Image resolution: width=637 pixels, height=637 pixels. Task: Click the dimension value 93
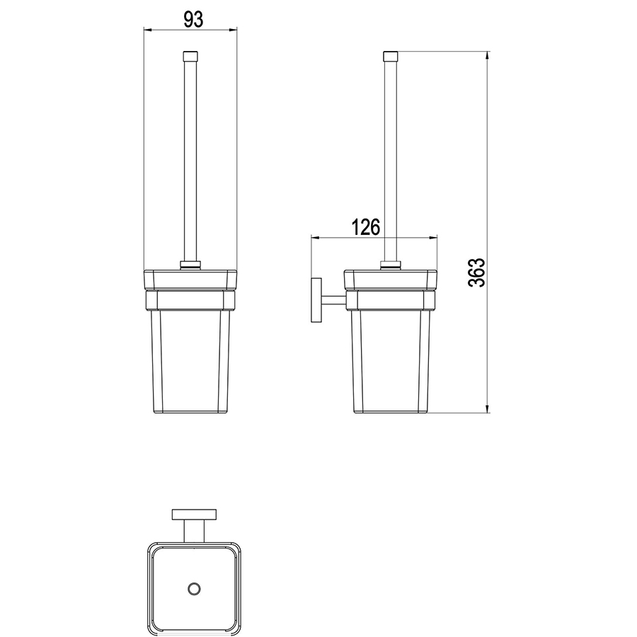coord(193,20)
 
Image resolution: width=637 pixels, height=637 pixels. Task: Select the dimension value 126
coord(366,226)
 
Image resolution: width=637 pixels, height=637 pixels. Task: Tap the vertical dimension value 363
coord(477,273)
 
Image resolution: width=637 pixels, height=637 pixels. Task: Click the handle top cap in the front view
coord(190,56)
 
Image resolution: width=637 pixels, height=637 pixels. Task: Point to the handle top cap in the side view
coord(391,56)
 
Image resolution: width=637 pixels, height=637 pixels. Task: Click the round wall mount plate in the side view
coord(316,300)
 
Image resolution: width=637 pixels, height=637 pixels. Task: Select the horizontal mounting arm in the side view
coord(333,300)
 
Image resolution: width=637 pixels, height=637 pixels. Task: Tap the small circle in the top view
coord(194,589)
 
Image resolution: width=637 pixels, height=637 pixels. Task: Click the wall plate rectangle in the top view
coord(194,515)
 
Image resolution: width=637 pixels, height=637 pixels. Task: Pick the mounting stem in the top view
coord(194,531)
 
